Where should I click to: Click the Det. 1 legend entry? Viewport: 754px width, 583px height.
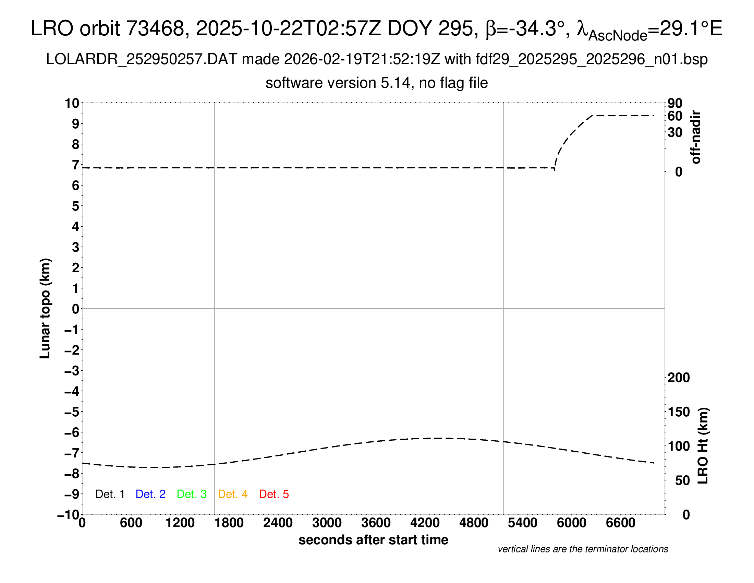click(x=110, y=494)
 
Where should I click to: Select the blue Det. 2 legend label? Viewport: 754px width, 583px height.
click(x=150, y=494)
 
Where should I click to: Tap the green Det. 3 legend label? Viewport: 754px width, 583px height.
click(x=192, y=494)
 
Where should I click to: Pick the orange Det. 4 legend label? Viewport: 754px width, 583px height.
click(x=233, y=494)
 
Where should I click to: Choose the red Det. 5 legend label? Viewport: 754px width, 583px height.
click(x=274, y=494)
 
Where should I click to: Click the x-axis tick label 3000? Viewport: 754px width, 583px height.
click(x=327, y=523)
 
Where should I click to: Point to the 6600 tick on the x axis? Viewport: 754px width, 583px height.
click(x=620, y=523)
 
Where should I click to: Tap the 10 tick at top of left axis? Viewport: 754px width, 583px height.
click(x=72, y=103)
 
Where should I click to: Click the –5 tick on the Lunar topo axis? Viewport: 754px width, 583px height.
click(x=72, y=412)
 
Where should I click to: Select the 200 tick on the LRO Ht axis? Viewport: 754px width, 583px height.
click(x=679, y=378)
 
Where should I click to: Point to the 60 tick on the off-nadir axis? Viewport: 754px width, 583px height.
click(x=675, y=116)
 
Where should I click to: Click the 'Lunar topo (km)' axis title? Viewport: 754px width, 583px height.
click(x=45, y=308)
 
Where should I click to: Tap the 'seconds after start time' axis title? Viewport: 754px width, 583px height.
click(x=373, y=540)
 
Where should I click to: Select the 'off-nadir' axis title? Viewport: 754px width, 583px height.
click(x=696, y=137)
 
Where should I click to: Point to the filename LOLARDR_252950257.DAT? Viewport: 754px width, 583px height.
click(x=142, y=59)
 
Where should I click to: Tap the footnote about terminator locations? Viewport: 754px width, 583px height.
click(x=583, y=549)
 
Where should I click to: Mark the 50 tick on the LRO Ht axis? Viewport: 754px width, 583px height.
click(x=682, y=480)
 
